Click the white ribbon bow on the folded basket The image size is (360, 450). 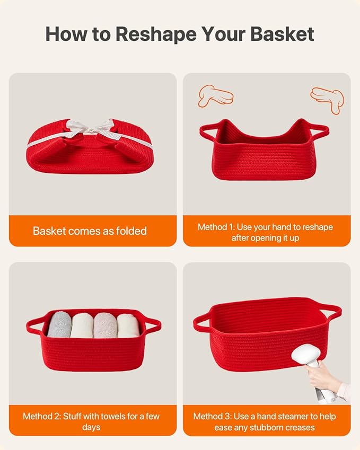click(x=90, y=128)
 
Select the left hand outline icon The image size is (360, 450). click(x=215, y=96)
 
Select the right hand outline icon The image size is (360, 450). click(x=328, y=99)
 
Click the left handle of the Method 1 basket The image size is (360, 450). click(x=207, y=132)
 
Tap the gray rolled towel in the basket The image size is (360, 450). click(x=59, y=324)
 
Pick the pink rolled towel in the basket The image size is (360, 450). click(x=106, y=325)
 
